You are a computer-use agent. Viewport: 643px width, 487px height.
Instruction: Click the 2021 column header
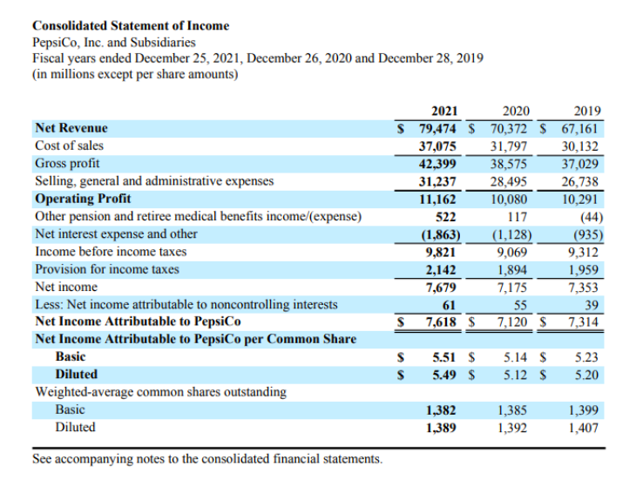click(445, 112)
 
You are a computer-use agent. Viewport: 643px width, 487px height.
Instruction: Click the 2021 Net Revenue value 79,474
click(440, 129)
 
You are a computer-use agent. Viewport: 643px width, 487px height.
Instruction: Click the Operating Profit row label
click(83, 199)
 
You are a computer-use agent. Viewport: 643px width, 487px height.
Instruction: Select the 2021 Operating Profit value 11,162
click(440, 199)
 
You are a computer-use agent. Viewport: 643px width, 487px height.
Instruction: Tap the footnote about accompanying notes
click(207, 458)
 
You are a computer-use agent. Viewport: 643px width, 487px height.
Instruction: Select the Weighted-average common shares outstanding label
click(160, 392)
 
